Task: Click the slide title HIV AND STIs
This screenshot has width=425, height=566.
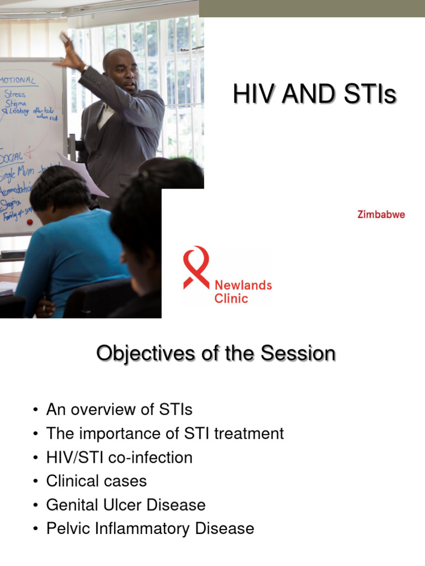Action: click(314, 95)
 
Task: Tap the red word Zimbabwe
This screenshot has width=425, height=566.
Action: click(381, 214)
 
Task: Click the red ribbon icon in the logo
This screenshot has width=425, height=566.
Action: click(196, 267)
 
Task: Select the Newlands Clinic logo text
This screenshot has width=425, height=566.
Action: click(243, 292)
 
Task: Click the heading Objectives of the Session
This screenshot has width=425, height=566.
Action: click(216, 354)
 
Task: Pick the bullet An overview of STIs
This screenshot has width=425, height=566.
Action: click(119, 410)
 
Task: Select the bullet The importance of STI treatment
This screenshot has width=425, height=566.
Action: click(165, 433)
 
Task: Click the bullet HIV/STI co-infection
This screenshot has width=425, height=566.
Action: click(119, 458)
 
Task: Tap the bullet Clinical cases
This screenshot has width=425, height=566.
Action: click(96, 481)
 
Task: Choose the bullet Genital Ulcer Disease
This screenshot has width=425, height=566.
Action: click(126, 505)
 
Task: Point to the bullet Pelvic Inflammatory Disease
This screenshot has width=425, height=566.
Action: click(150, 529)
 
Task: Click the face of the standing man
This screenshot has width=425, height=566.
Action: click(122, 72)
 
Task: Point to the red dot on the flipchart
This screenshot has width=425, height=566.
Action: click(30, 222)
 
